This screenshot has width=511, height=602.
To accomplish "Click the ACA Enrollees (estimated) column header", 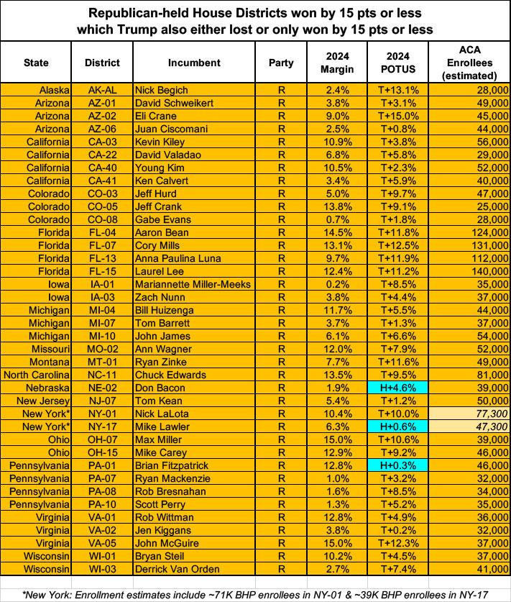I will (469, 63).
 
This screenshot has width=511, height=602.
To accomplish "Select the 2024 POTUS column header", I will (397, 63).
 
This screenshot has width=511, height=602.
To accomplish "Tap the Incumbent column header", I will (194, 63).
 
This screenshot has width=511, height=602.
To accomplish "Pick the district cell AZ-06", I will (97, 129).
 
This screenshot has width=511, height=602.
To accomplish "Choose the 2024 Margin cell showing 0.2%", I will (338, 284).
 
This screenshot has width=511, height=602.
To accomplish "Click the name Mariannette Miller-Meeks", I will (193, 284).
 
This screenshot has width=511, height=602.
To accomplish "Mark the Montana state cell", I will (47, 362).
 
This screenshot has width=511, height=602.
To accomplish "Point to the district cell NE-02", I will (97, 388).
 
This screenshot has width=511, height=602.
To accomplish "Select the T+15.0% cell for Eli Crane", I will (397, 116).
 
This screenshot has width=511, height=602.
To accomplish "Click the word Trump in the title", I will (206, 29).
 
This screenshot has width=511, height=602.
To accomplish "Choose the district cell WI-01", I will (97, 556).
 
